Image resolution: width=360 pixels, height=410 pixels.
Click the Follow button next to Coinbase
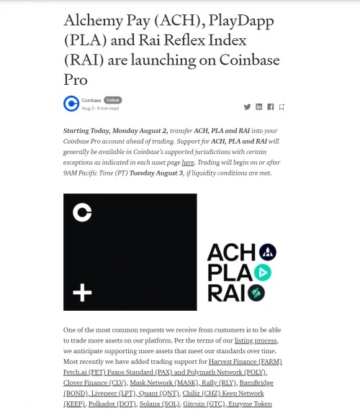(x=113, y=99)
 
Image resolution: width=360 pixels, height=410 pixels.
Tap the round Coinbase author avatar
(x=71, y=104)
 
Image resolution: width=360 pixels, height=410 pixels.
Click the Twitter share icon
(x=247, y=106)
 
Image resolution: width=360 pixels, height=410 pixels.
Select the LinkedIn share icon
(x=259, y=106)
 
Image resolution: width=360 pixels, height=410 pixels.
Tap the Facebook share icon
(x=271, y=106)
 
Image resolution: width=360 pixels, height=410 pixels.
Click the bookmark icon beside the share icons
(x=282, y=107)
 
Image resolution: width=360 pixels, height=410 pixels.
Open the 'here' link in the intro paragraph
(x=188, y=163)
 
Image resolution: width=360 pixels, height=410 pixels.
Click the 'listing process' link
(x=256, y=340)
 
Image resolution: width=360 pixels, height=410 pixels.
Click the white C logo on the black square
(x=82, y=211)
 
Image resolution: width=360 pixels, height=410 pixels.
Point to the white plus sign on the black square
(x=82, y=292)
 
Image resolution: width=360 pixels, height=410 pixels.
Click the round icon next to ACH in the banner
(x=268, y=252)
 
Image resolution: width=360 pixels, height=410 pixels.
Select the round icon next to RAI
(x=256, y=293)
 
